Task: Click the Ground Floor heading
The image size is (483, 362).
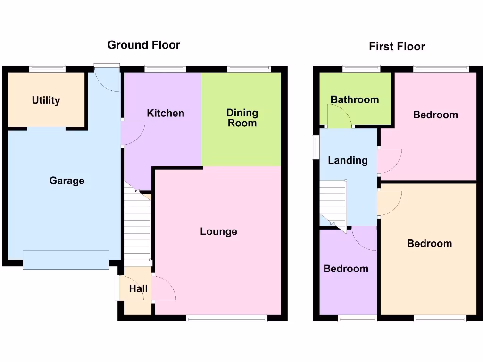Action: [143, 45]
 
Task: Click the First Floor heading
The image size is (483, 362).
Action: [397, 47]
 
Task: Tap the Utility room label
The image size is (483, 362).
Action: [46, 100]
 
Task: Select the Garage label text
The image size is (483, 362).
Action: [67, 181]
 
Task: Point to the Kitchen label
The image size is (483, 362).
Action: [165, 113]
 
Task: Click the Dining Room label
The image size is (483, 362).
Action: [242, 118]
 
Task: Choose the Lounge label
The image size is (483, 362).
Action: [218, 231]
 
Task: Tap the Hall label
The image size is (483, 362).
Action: [138, 289]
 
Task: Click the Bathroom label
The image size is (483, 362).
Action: [355, 99]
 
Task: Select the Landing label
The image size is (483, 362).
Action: [348, 160]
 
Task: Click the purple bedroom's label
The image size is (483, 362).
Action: [346, 269]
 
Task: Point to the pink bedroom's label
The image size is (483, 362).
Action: [435, 115]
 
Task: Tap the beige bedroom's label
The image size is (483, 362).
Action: [429, 243]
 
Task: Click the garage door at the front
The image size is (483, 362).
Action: [66, 259]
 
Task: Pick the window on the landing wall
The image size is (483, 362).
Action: [314, 147]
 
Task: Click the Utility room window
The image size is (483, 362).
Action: [47, 68]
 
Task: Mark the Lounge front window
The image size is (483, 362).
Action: [226, 319]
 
